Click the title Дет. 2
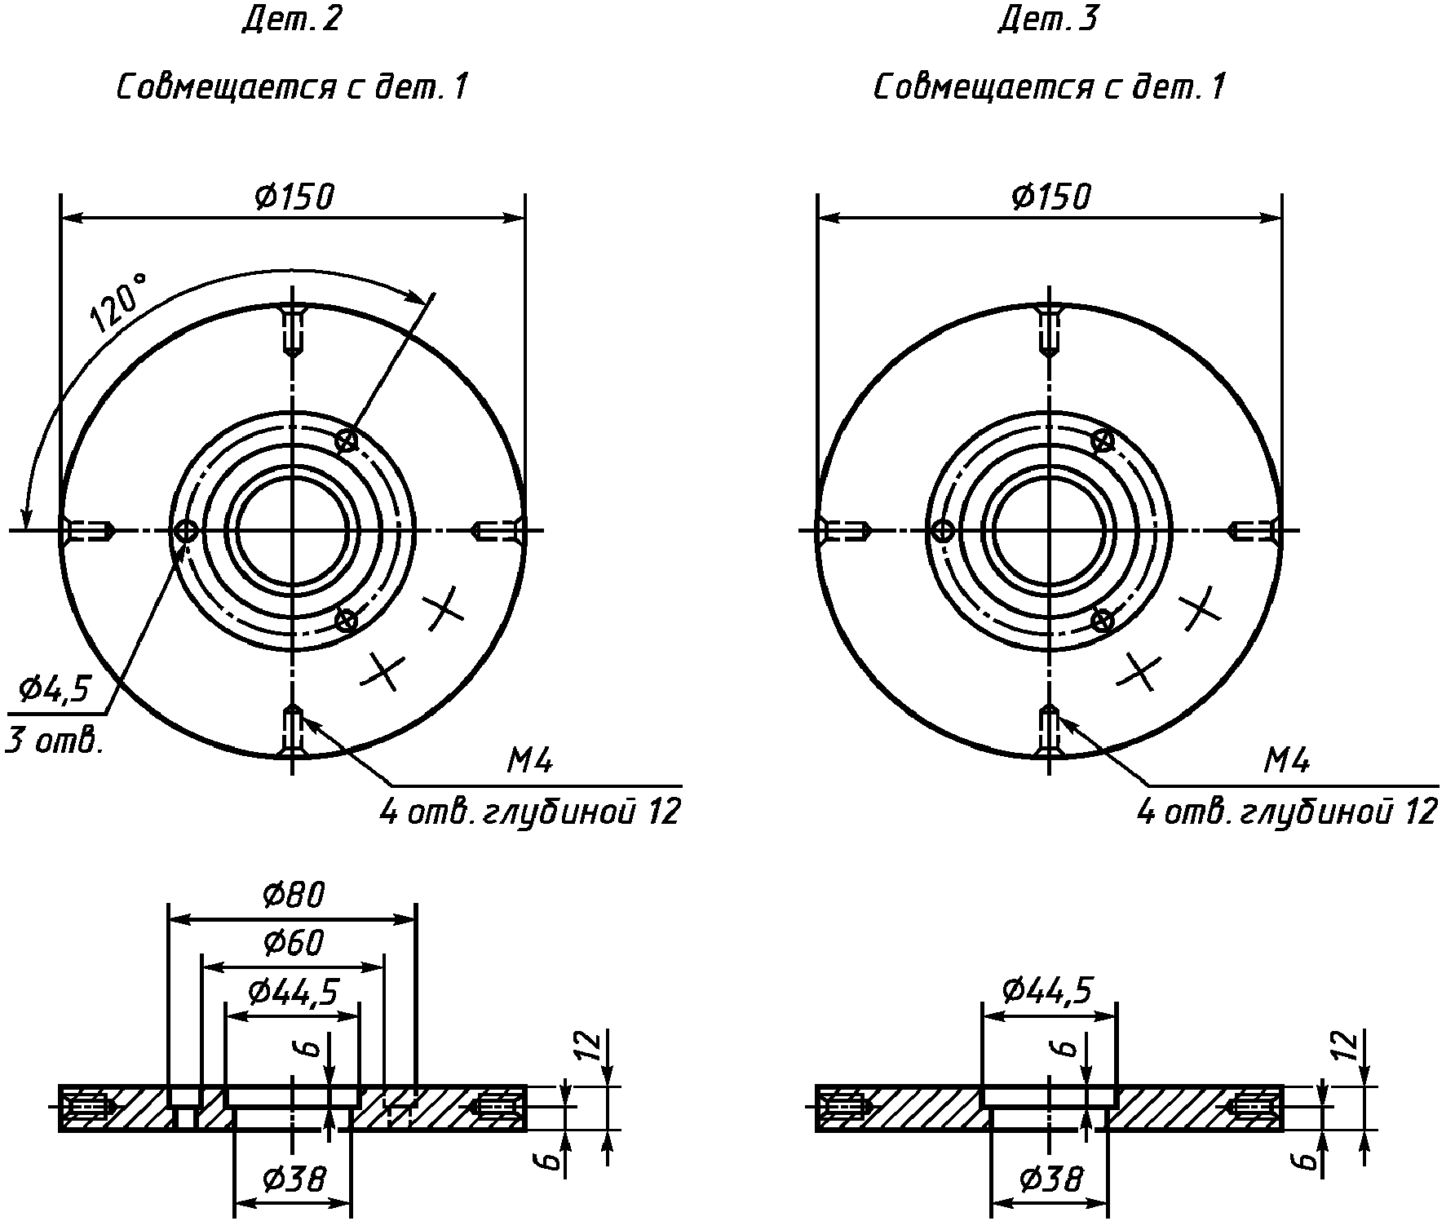(291, 20)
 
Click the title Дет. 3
(1049, 20)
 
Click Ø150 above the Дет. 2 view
(294, 197)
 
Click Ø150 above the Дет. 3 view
(1050, 197)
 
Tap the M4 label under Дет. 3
(1287, 762)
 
